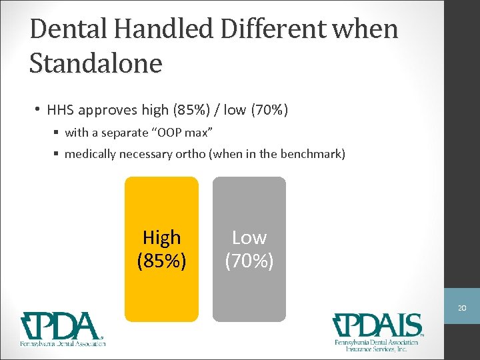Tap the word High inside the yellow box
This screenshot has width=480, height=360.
pos(162,237)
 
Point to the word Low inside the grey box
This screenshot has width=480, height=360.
pos(249,237)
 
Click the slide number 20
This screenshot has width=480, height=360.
pos(462,309)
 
